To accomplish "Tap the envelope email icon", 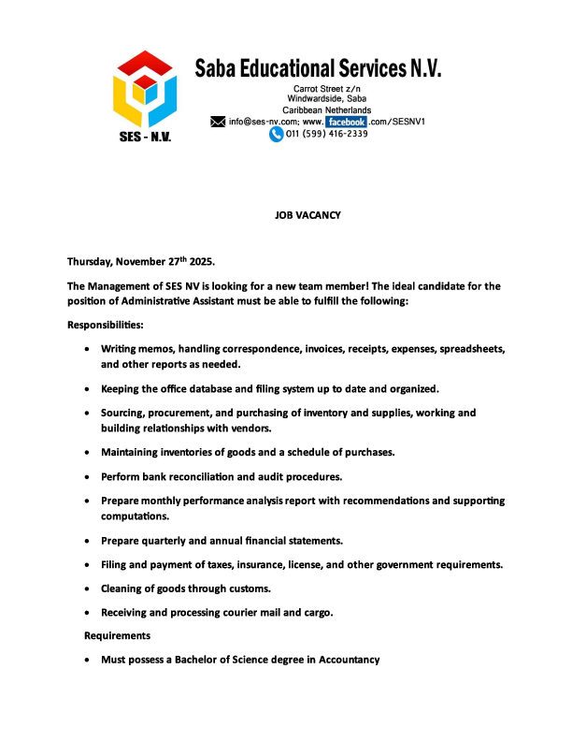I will tap(219, 122).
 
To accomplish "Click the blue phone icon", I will tap(276, 135).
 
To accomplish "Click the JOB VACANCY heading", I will tap(307, 215).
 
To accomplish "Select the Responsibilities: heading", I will tap(106, 325).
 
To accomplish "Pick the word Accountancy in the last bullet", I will tap(348, 660).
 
